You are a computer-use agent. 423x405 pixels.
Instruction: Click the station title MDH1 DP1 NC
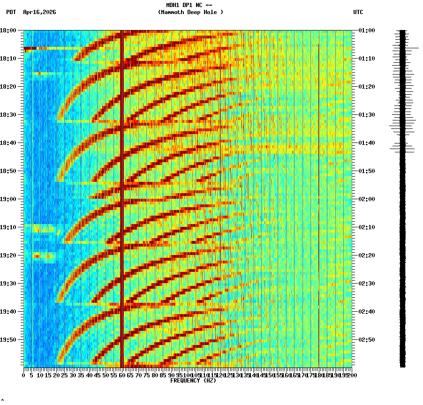189,5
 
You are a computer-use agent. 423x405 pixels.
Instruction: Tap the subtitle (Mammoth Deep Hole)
190,12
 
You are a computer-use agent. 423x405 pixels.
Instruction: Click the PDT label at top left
11,12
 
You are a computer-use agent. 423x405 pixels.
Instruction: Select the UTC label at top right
358,12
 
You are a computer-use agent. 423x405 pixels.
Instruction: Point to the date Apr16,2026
39,12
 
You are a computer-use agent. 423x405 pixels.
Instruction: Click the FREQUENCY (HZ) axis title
193,381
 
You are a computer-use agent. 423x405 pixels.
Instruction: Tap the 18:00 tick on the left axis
8,30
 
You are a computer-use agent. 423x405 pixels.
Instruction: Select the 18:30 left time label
8,115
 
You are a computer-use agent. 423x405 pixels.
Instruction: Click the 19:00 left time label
8,199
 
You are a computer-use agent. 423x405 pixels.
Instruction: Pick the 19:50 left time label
8,340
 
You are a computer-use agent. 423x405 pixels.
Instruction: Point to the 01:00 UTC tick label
366,30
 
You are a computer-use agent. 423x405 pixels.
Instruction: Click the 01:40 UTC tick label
366,143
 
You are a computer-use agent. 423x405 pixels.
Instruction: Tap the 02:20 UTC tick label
366,255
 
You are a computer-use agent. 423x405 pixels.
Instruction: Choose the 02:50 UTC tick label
366,340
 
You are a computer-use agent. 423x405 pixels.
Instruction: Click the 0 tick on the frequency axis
24,375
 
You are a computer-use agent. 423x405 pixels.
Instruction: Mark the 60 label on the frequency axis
122,375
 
